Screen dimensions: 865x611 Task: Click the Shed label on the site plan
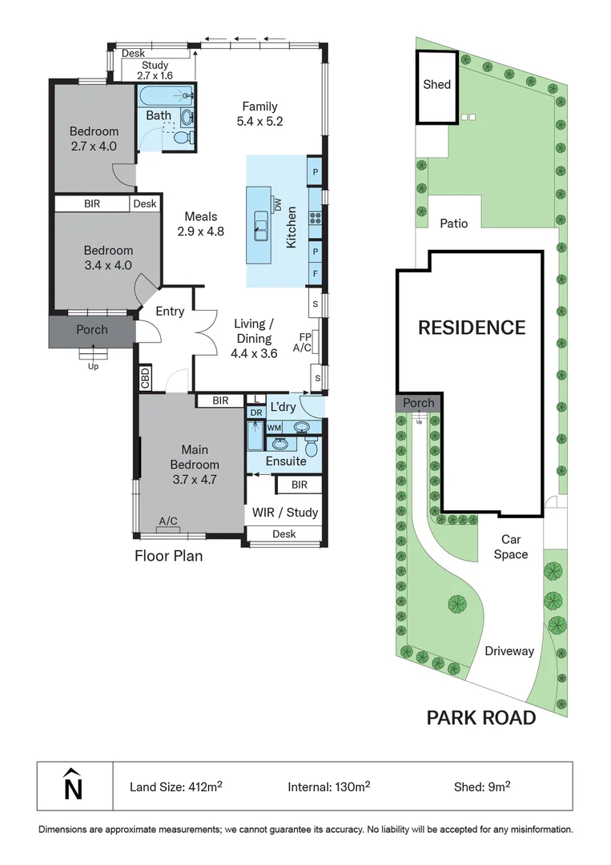click(437, 84)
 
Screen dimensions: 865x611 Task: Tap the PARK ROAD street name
click(480, 718)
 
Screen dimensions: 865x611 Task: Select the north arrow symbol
click(73, 785)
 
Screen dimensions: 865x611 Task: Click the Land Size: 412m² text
click(175, 787)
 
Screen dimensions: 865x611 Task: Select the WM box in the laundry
click(274, 428)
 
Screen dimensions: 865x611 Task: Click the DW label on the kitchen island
click(277, 207)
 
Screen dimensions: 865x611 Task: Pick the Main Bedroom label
click(195, 465)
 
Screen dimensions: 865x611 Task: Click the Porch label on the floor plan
click(92, 330)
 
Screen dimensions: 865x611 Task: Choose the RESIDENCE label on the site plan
click(472, 328)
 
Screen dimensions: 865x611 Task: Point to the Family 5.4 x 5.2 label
click(260, 114)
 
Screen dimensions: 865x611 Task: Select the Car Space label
click(510, 547)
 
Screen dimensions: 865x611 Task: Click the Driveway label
click(508, 651)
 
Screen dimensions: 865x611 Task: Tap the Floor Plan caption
click(168, 555)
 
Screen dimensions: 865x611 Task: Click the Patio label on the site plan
click(453, 223)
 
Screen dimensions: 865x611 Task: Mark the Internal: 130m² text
click(328, 787)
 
